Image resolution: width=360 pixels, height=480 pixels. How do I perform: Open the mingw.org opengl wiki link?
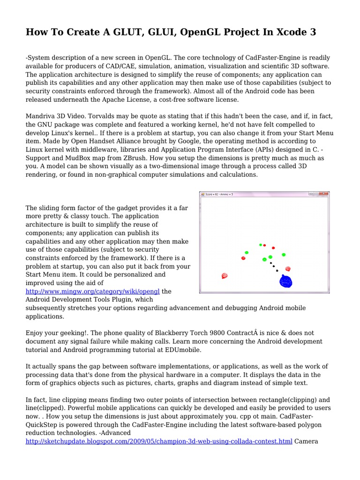pyautogui.click(x=93, y=291)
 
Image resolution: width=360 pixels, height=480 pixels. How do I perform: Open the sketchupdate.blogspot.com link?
pyautogui.click(x=159, y=442)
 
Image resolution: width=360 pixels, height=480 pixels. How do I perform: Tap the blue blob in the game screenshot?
pyautogui.click(x=286, y=281)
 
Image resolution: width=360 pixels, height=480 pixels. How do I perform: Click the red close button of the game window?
pyautogui.click(x=325, y=194)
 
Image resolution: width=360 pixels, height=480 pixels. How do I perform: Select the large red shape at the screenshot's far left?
pyautogui.click(x=225, y=276)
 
